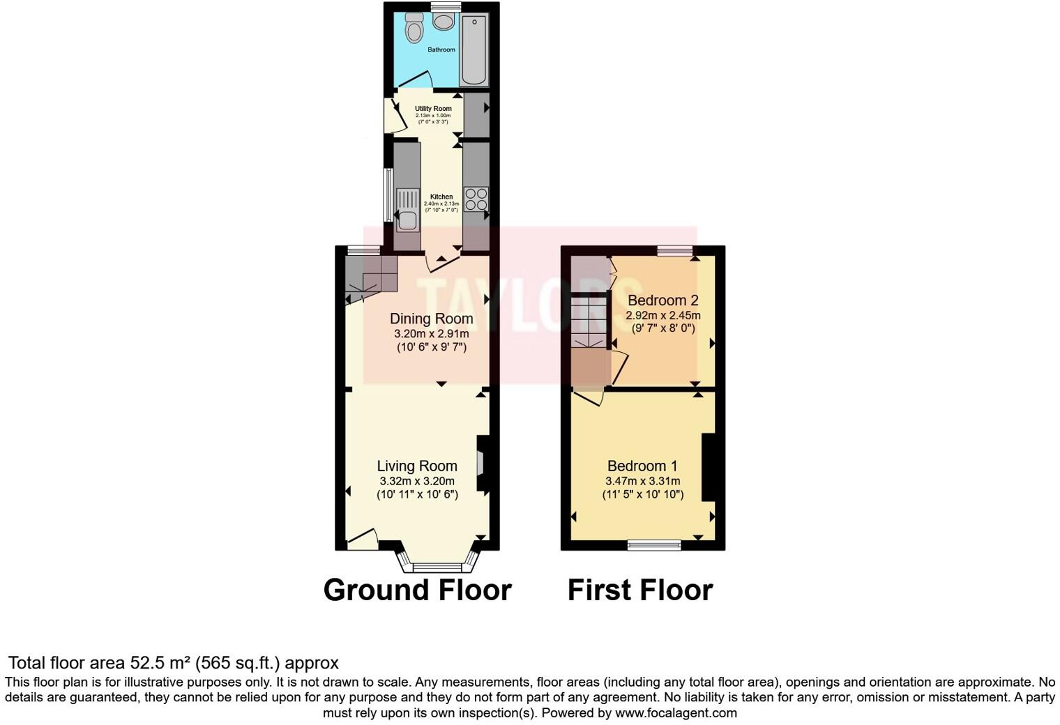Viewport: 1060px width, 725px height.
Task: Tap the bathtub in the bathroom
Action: (475, 49)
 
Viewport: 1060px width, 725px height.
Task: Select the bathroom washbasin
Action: (443, 22)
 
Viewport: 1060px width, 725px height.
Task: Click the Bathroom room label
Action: (441, 49)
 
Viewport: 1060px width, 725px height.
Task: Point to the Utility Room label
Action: (433, 109)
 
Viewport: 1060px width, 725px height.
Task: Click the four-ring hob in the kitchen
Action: (476, 199)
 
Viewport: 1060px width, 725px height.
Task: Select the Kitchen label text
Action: (441, 197)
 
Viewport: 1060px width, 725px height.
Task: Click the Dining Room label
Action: (431, 319)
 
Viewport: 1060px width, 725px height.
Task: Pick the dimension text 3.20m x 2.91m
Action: (431, 334)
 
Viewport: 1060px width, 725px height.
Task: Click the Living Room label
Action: (417, 466)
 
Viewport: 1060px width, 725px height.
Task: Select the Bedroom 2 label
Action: (662, 300)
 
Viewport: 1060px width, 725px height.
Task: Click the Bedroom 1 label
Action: (642, 466)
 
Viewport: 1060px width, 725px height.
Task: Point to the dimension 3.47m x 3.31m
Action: (642, 481)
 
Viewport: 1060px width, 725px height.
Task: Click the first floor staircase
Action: (590, 323)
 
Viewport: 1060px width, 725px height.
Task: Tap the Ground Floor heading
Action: (417, 590)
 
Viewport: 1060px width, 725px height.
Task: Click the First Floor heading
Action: (639, 590)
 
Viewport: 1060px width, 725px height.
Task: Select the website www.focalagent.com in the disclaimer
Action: (676, 712)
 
